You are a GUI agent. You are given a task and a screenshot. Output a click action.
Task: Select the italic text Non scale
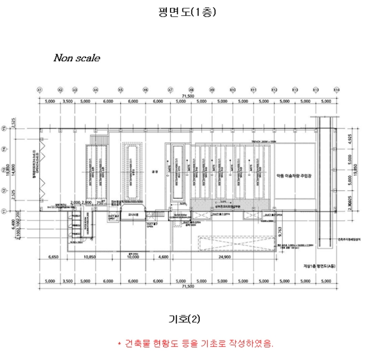(76, 58)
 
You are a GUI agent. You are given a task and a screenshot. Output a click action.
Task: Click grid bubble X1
(39, 90)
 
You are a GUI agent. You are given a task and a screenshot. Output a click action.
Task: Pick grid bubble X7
(170, 90)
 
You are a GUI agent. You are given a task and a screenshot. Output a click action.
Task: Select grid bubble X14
(336, 90)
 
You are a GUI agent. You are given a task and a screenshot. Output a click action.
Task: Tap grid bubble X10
(233, 90)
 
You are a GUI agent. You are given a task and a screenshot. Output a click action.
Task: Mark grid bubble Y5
(4, 127)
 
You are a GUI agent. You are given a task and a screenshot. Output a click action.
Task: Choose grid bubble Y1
(4, 211)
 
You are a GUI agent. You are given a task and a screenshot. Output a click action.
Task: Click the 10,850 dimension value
(90, 257)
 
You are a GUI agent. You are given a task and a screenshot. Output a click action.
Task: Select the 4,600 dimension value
(164, 257)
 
